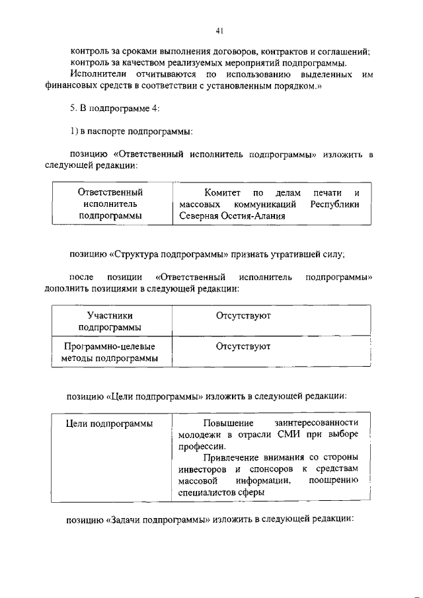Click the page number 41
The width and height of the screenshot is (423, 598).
pos(219,30)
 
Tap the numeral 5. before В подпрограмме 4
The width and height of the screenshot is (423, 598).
pos(74,108)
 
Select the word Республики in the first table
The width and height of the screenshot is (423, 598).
pos(334,204)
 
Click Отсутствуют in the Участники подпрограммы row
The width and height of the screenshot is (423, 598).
pos(243,316)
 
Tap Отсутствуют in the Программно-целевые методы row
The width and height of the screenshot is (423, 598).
pos(243,346)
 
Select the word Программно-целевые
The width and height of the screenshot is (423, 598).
pos(110,346)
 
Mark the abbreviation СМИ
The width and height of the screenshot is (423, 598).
pos(284,434)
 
